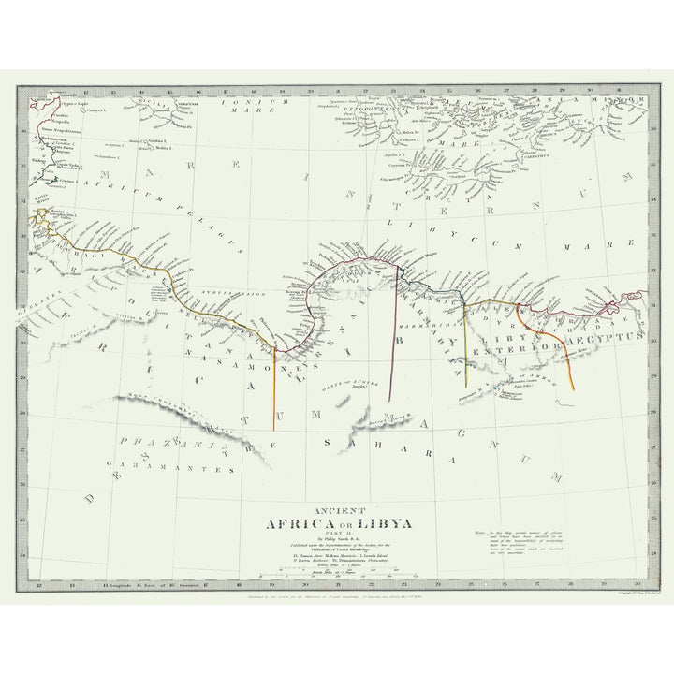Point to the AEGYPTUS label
coord(613,335)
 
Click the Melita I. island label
coord(165,148)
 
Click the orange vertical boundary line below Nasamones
coord(274,393)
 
